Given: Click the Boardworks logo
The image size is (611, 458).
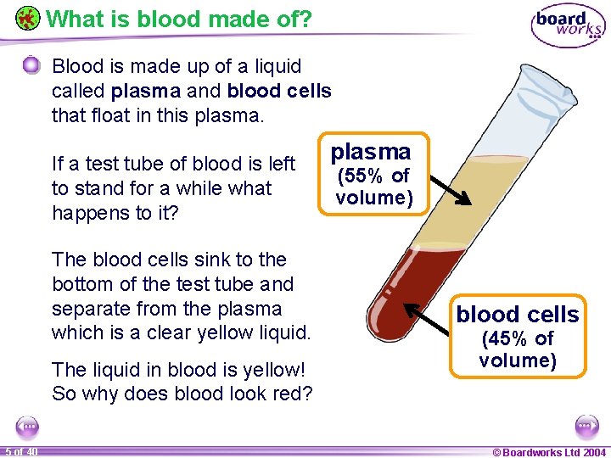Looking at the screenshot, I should tap(568, 26).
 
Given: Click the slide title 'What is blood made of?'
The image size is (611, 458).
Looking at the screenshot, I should tap(179, 18).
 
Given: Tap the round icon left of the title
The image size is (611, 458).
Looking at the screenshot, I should tap(28, 18).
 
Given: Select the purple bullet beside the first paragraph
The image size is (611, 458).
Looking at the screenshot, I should tap(31, 65).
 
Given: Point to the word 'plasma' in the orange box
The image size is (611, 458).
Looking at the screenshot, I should tap(371, 152).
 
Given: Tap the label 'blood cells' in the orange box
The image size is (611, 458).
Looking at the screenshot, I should tap(518, 315).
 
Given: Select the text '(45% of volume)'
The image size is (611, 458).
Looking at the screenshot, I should tap(518, 349).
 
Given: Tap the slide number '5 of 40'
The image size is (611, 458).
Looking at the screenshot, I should tap(20, 451).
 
